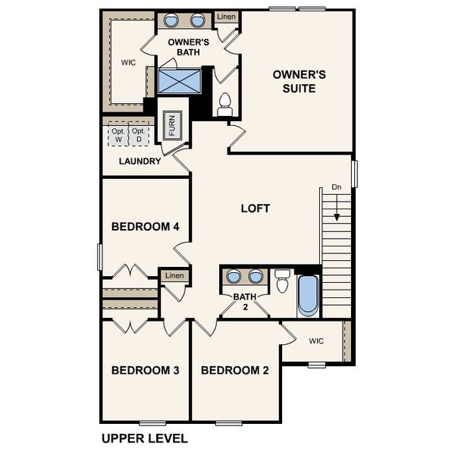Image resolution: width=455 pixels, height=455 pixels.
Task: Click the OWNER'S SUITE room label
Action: tap(300, 82)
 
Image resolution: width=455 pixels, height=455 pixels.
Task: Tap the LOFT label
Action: tap(255, 209)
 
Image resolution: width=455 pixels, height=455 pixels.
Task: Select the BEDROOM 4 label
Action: tap(146, 226)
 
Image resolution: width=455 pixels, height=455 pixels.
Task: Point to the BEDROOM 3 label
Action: tap(145, 371)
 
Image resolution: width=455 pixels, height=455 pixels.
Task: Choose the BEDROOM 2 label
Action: tap(235, 371)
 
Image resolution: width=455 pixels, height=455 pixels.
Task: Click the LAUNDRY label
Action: tap(140, 162)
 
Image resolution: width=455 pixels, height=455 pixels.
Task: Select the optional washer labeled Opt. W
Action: tap(118, 135)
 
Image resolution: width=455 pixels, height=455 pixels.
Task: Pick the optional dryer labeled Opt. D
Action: tap(138, 135)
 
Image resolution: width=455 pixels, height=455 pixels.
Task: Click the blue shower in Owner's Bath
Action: tap(179, 80)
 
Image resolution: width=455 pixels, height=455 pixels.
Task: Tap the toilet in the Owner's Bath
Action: tap(224, 104)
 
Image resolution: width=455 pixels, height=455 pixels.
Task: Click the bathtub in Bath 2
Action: tap(308, 294)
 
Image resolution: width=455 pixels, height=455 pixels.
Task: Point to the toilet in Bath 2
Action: tap(282, 281)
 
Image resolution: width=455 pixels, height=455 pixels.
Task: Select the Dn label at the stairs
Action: tap(337, 187)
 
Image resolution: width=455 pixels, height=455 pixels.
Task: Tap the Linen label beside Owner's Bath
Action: tap(225, 17)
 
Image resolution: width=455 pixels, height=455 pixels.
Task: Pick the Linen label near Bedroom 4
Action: tap(174, 275)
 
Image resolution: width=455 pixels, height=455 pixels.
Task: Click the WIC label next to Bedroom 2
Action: tap(316, 341)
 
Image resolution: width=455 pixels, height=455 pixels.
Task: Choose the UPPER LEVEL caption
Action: tap(144, 438)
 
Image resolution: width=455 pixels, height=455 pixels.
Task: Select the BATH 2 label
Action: tap(244, 301)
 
